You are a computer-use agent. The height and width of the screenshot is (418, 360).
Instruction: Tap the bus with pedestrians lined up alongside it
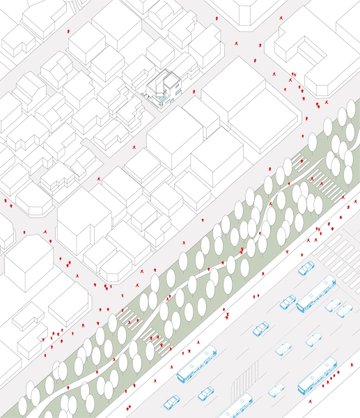(x=318, y=376)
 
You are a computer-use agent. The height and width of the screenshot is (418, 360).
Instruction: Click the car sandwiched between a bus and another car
(x=334, y=305)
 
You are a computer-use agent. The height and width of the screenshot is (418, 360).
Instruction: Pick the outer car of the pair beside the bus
(x=345, y=311)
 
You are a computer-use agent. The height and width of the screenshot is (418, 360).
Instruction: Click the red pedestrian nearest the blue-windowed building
(x=194, y=91)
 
